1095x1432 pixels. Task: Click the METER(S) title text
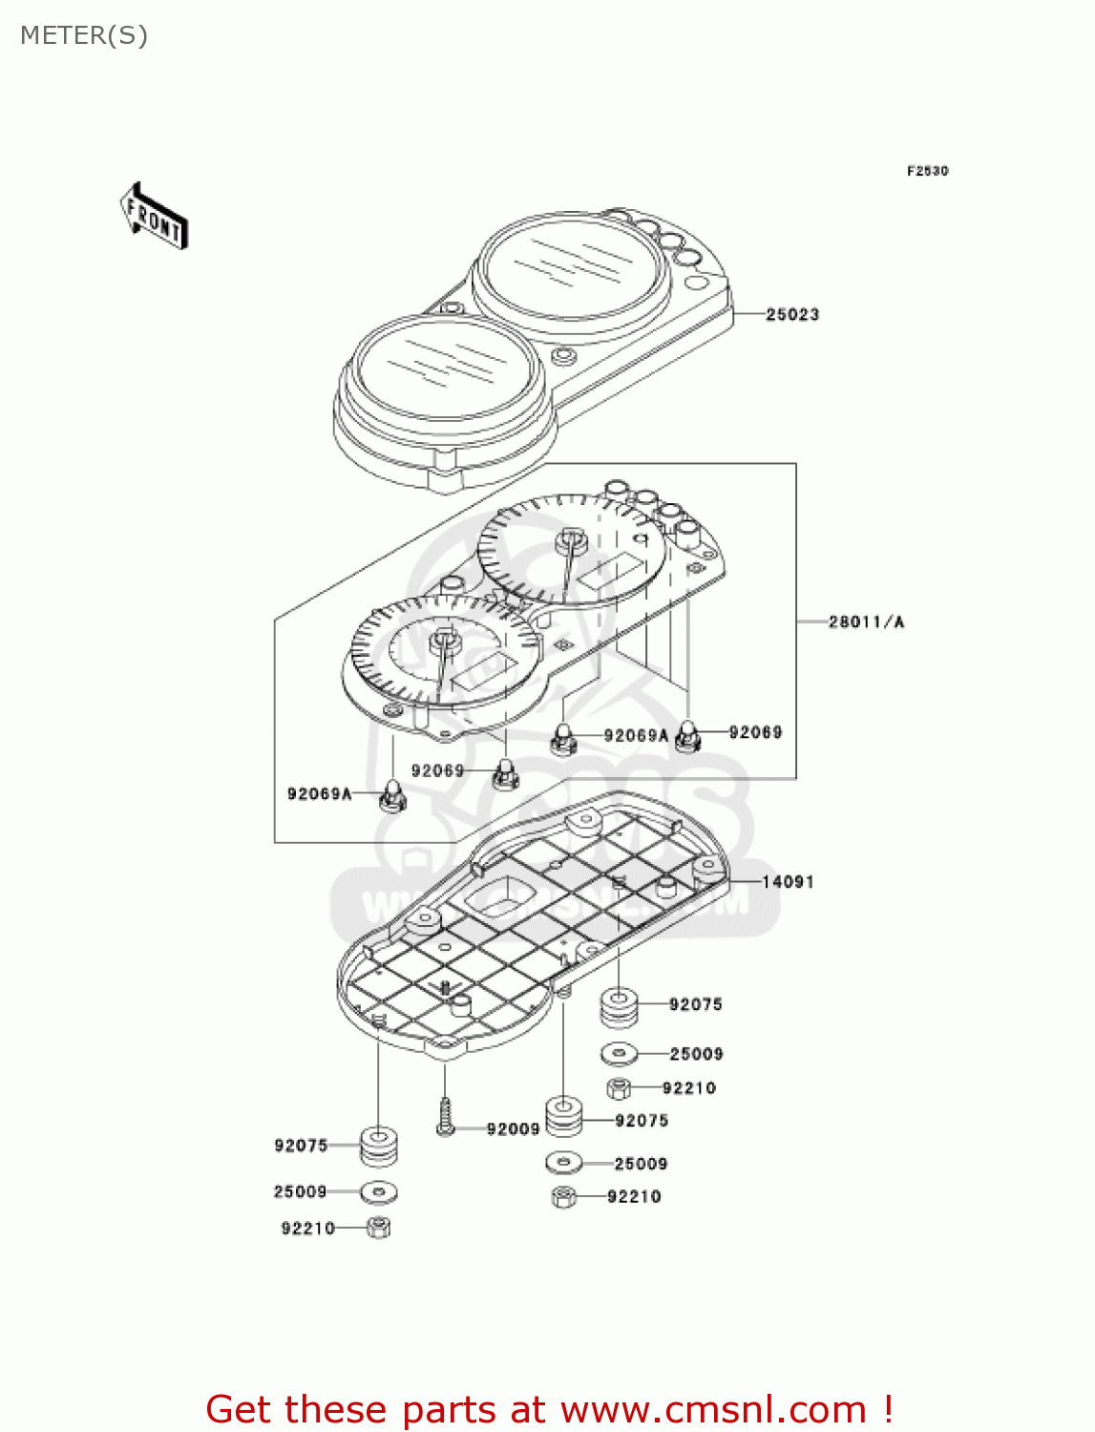84,35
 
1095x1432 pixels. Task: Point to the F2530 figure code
927,171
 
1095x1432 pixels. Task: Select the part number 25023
791,314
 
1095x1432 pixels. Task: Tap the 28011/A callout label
866,621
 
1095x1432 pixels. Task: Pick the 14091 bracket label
788,881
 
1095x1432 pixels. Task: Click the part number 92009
513,1129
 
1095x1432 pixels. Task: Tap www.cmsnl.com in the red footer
712,1409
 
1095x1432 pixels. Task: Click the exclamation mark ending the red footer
887,1409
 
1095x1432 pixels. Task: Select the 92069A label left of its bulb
319,793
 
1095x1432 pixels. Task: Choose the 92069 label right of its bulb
755,732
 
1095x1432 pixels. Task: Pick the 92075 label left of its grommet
301,1145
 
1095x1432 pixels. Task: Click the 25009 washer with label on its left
379,1192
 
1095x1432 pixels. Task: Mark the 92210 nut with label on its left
378,1228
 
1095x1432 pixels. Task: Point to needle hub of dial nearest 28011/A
570,540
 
